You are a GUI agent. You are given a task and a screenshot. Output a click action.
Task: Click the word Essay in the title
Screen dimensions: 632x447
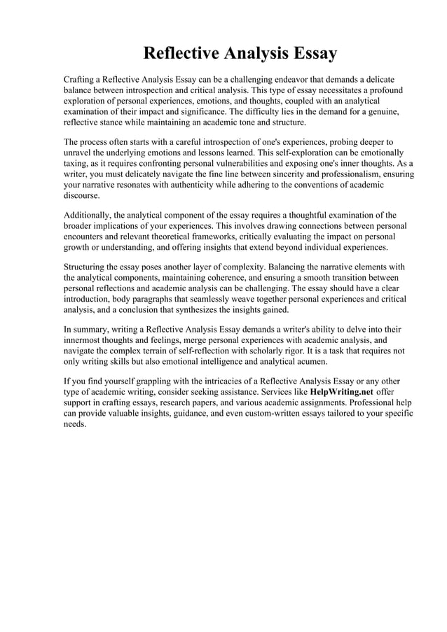coord(310,53)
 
